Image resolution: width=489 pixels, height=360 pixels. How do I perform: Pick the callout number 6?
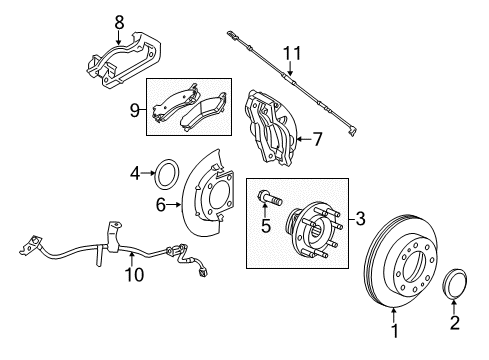[x=160, y=207]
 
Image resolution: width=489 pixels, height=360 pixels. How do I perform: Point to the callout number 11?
[x=290, y=53]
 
